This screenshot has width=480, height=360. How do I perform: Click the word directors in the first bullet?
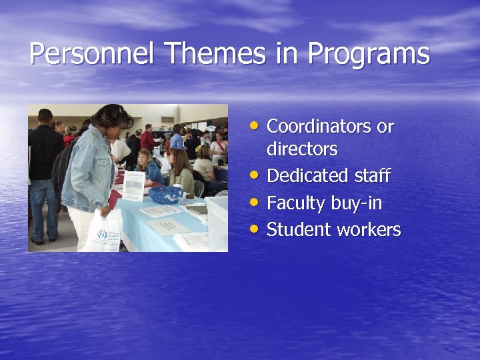point(301,149)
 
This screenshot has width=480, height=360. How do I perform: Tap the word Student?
point(299,230)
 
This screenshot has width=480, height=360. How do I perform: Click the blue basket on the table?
point(165,194)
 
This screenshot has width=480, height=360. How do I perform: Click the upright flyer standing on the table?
point(133,186)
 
